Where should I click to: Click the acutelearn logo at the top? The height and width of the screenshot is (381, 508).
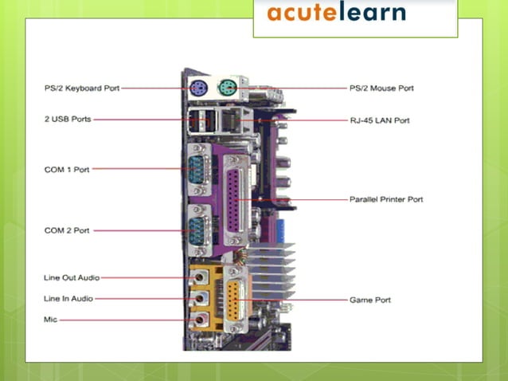pyautogui.click(x=336, y=13)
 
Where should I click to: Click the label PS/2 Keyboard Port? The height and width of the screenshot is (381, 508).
pyautogui.click(x=82, y=88)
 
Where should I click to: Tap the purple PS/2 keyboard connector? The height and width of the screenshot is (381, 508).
pyautogui.click(x=197, y=88)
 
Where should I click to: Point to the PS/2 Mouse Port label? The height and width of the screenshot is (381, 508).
pyautogui.click(x=381, y=88)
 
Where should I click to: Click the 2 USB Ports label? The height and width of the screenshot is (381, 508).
pyautogui.click(x=68, y=119)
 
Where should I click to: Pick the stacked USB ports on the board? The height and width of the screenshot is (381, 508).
pyautogui.click(x=201, y=121)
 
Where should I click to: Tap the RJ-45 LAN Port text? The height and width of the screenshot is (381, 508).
pyautogui.click(x=380, y=120)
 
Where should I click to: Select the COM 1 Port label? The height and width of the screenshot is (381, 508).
pyautogui.click(x=67, y=168)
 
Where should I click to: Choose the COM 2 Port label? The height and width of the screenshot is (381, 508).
pyautogui.click(x=67, y=230)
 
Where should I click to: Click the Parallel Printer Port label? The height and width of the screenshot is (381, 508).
pyautogui.click(x=386, y=198)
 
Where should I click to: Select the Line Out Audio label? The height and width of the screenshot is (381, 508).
pyautogui.click(x=72, y=277)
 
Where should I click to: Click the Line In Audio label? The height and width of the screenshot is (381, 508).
pyautogui.click(x=68, y=298)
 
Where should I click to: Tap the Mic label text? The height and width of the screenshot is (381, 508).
pyautogui.click(x=50, y=319)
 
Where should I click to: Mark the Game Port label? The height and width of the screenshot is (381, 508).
pyautogui.click(x=370, y=300)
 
